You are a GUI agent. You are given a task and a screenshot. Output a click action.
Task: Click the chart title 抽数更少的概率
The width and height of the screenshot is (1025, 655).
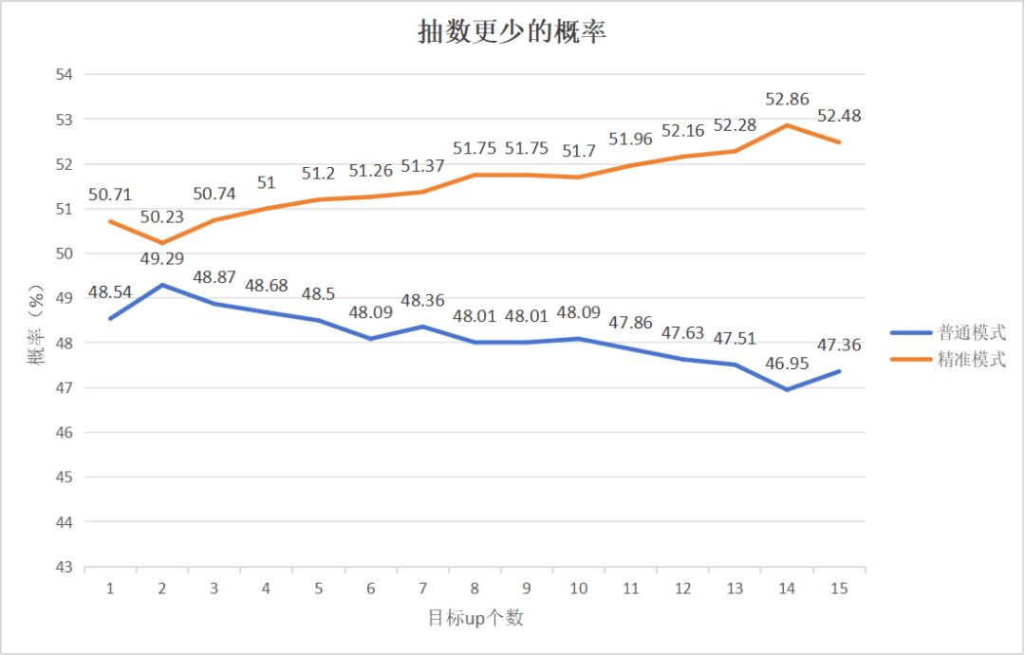(512, 31)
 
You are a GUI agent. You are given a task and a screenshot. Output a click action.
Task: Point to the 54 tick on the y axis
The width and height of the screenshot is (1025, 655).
(66, 74)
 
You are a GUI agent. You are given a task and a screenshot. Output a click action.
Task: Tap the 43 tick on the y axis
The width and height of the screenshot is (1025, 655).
(66, 567)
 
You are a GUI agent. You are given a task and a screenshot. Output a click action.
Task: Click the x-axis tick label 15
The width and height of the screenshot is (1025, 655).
(838, 589)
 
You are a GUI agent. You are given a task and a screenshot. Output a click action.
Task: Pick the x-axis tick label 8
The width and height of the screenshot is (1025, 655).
(475, 589)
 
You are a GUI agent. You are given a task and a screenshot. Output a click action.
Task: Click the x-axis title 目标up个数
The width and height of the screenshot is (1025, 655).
(475, 619)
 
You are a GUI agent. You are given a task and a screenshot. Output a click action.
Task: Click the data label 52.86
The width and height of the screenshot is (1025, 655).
(787, 98)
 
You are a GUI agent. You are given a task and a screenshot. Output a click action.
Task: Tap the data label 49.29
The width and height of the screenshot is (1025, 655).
(162, 258)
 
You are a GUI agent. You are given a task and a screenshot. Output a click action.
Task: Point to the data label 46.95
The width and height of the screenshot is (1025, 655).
(787, 364)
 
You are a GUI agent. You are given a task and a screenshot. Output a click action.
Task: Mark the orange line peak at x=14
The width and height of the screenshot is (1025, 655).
(787, 124)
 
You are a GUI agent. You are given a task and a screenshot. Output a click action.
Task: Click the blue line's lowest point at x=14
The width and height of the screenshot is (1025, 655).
(787, 389)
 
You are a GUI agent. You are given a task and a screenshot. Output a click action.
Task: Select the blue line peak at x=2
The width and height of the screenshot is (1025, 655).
(162, 285)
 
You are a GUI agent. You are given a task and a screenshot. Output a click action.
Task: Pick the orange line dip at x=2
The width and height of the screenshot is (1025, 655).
(162, 243)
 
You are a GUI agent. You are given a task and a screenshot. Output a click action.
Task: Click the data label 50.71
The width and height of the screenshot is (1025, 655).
(110, 195)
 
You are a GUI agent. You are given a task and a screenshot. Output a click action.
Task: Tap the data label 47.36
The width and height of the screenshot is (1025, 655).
(838, 345)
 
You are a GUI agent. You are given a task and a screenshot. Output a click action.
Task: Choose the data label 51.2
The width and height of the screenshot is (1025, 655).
(319, 173)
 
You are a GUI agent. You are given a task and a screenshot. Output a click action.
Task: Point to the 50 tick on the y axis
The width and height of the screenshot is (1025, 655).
(66, 253)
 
